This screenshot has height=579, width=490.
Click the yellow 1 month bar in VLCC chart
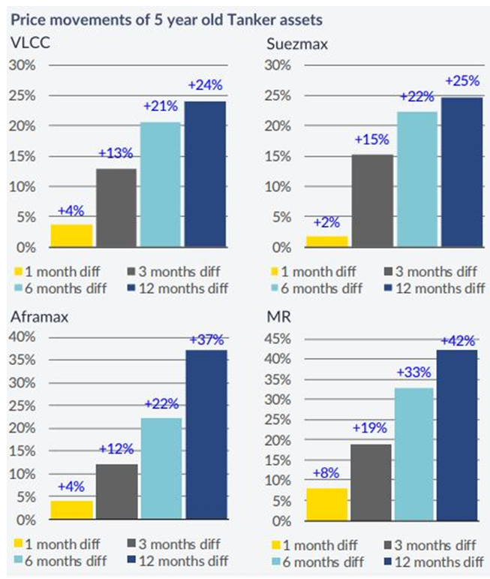point(72,236)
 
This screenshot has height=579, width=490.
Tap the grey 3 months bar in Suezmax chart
point(373,201)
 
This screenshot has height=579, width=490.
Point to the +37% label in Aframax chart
point(206,339)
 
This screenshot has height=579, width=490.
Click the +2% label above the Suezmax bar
point(326,222)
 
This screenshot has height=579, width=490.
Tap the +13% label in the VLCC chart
point(116,155)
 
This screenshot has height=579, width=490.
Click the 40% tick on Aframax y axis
point(21,336)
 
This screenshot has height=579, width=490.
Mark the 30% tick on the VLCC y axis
point(21,65)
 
